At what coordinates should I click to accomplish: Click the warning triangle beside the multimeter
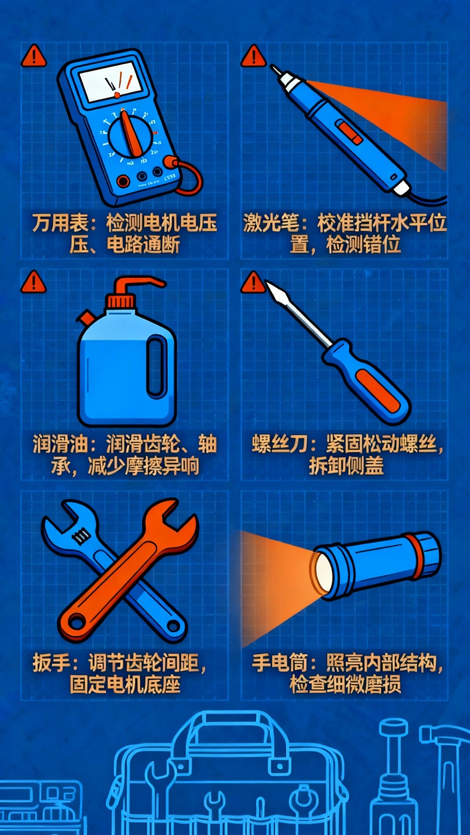pos(33,56)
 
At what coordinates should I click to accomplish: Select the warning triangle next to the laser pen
pos(253,56)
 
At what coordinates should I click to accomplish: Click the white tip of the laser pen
pos(277,72)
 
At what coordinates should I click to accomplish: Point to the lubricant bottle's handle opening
pos(156,369)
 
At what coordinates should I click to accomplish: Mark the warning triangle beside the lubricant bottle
pos(33,282)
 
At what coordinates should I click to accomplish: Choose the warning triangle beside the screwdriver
pos(253,282)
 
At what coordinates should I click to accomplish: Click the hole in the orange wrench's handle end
pos(76,619)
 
